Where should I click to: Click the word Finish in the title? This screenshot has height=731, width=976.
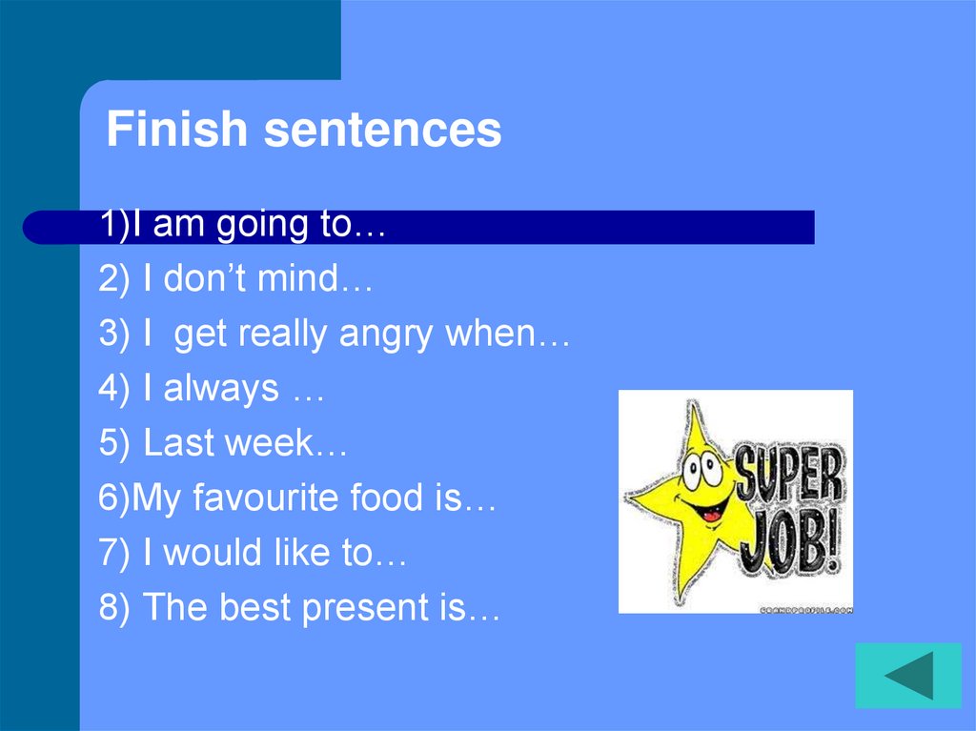click(x=177, y=130)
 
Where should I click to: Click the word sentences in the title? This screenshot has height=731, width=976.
click(x=382, y=131)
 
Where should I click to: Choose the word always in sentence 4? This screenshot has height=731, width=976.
click(x=221, y=389)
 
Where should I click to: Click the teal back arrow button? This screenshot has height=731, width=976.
click(x=907, y=676)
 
